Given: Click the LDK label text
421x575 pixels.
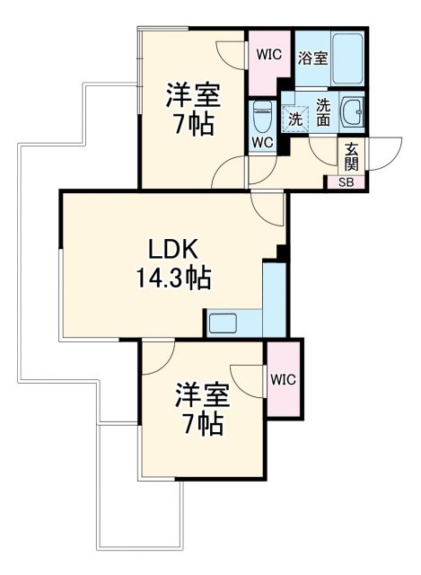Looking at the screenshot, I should click(x=173, y=249).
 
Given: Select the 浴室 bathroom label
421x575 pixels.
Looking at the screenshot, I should click(x=312, y=56).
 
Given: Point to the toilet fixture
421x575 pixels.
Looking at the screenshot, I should click(x=263, y=115).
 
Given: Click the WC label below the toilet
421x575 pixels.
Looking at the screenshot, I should click(x=263, y=143).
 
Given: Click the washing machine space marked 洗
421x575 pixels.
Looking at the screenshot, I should click(x=294, y=117).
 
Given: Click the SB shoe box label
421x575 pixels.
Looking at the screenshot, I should click(x=346, y=181).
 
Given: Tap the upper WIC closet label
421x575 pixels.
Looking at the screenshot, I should click(x=268, y=54).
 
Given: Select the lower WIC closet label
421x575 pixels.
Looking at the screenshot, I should click(x=284, y=377).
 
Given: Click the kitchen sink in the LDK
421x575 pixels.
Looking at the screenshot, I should click(x=223, y=323).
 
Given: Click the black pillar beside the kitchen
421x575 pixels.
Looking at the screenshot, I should click(x=282, y=252).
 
